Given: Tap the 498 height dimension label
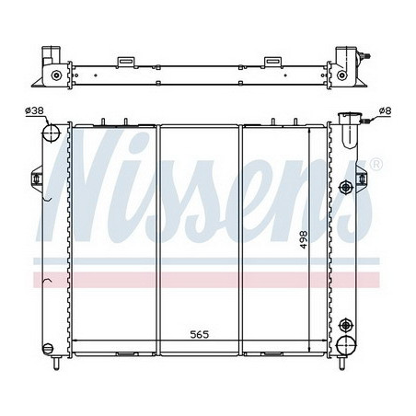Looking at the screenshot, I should (302, 240).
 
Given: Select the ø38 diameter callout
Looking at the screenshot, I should (34, 111).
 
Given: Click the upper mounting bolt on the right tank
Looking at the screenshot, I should (345, 187).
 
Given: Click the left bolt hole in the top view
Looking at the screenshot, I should (57, 75).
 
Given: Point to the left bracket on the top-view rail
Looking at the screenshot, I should (124, 62).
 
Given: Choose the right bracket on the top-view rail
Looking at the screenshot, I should (272, 62).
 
